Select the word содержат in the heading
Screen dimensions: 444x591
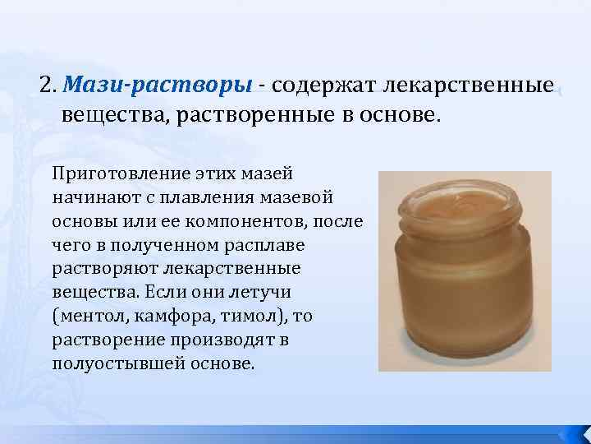click(x=313, y=85)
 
